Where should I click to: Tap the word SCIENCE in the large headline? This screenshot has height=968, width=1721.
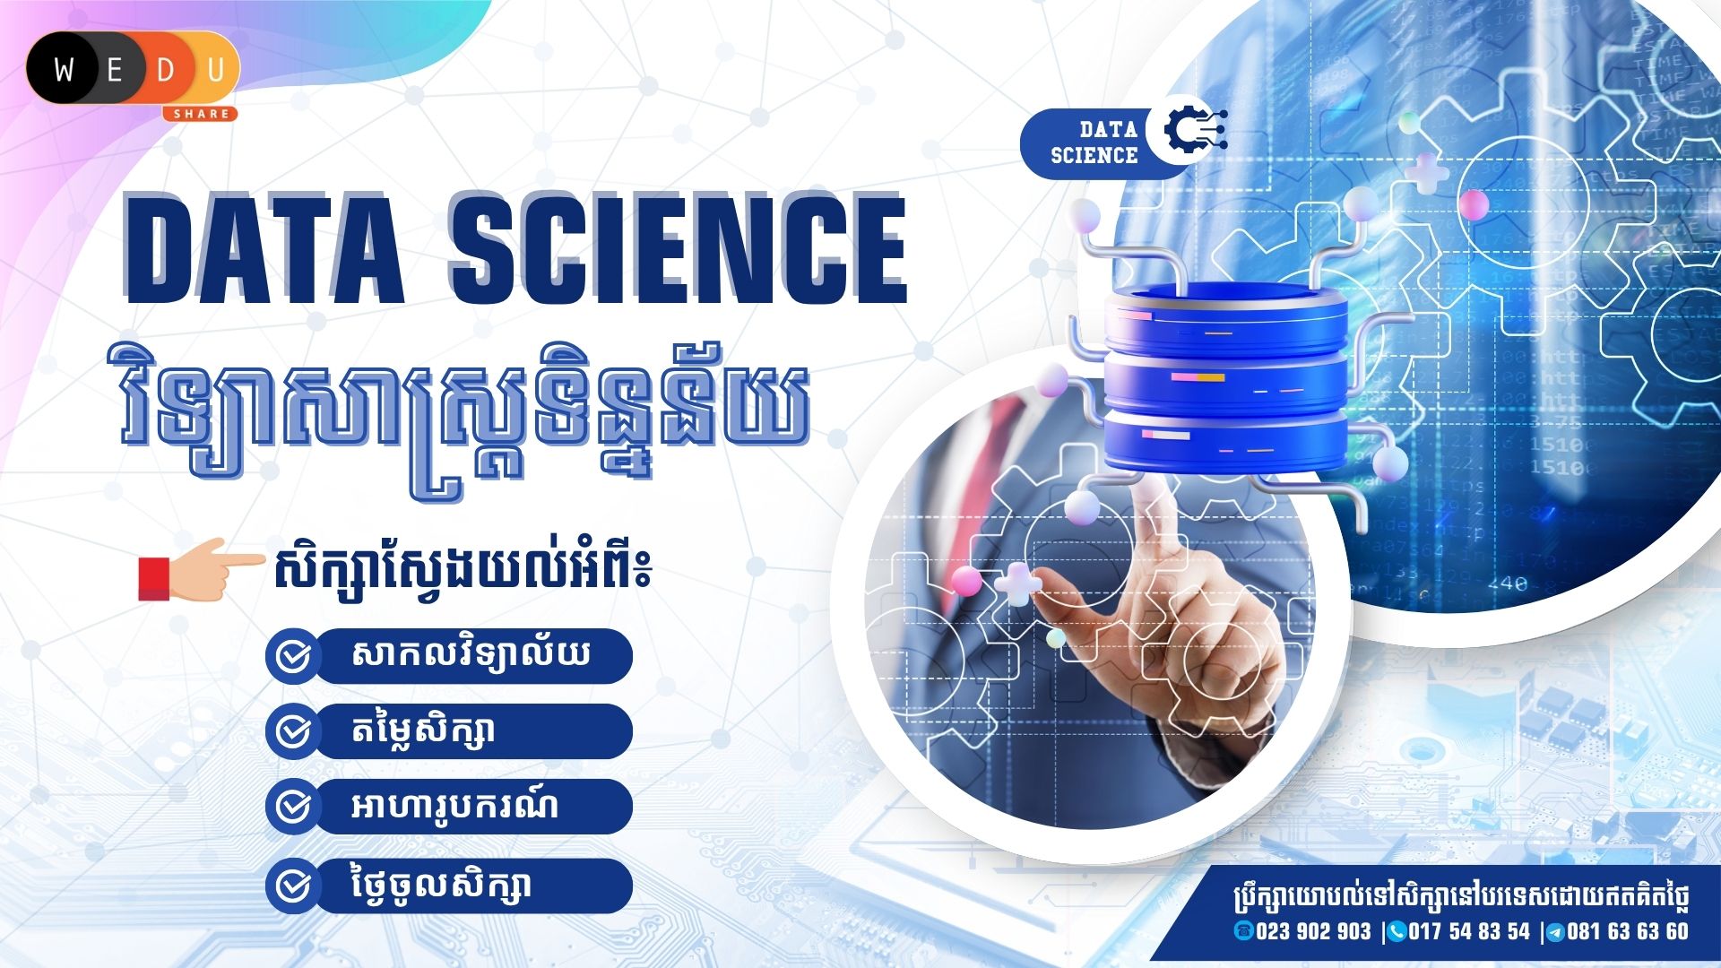coord(679,249)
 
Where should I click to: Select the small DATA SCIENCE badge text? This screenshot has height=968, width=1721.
coord(1094,143)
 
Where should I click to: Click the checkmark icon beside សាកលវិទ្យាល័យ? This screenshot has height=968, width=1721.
coord(292,656)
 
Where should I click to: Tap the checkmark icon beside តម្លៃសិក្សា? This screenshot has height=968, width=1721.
coord(292,731)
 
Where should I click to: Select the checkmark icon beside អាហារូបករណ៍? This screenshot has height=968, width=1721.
coord(292,807)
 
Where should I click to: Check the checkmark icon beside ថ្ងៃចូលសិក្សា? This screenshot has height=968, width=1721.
coord(292,886)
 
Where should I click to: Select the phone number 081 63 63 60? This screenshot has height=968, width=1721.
coord(1628,932)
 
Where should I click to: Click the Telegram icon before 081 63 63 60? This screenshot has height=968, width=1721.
coord(1555,933)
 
